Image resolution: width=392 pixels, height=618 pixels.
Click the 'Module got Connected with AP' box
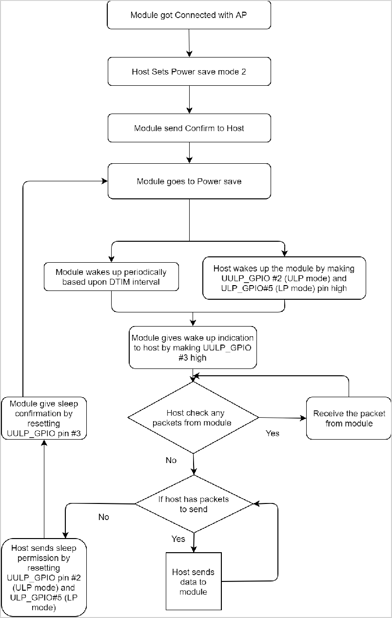point(189,16)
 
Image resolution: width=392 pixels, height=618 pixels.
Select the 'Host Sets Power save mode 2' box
point(189,72)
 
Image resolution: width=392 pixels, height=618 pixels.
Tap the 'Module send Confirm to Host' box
point(189,128)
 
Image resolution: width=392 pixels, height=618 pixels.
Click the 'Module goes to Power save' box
point(189,181)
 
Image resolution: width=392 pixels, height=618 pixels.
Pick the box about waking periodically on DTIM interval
point(111,277)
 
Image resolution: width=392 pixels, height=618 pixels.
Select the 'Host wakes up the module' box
point(284,277)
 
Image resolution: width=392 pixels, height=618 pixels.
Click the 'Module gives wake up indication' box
point(193,347)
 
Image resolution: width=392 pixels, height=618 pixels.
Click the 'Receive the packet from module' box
point(349,419)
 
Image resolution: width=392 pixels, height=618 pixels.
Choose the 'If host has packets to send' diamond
point(194,504)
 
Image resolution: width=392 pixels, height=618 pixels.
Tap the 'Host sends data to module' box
point(194,581)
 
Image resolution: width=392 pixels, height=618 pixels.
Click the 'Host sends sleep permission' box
point(44,578)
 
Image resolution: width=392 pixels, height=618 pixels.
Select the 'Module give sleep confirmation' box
point(44,418)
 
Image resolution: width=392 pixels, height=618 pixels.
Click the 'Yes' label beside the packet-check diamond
point(272,433)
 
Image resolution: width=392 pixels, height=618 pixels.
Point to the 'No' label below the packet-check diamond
point(171,460)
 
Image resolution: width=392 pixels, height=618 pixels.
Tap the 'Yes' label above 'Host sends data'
point(178,539)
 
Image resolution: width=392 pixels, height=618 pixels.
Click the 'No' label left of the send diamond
point(103,517)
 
